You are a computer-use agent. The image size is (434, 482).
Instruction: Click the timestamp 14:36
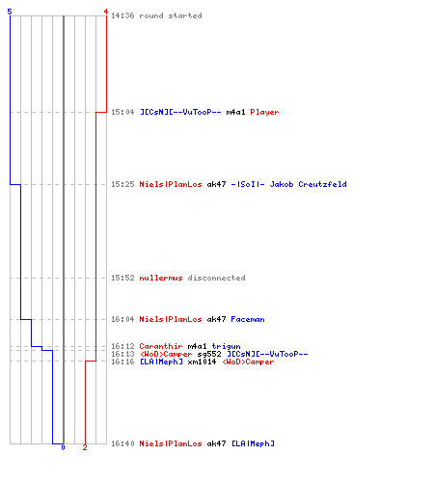coord(122,15)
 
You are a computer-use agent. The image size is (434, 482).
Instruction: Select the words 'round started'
coord(171,15)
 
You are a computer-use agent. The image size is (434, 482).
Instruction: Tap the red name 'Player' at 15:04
coord(264,112)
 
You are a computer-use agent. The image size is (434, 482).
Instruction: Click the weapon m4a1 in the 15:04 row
coord(235,112)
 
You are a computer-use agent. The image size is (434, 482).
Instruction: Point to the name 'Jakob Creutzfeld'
coord(308,184)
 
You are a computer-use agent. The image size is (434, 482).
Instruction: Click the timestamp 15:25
coord(122,184)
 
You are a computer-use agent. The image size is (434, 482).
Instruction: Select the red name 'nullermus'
coord(161,278)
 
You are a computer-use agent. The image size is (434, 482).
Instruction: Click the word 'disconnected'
coord(216,278)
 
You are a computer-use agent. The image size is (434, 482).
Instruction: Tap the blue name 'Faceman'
coord(248,319)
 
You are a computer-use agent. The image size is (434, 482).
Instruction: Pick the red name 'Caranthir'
coord(161,346)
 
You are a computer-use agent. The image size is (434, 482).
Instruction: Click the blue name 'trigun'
coord(226,346)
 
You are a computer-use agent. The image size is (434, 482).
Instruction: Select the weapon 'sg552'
coord(209,354)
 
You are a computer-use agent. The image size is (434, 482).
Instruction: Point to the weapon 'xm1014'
coord(202,361)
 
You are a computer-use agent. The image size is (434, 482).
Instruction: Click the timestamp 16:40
coord(122,443)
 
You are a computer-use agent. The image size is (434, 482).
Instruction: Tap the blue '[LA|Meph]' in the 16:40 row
coord(253,443)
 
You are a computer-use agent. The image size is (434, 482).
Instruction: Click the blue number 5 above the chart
coord(10,12)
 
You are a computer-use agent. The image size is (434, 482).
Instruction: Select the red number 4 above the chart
coord(106,12)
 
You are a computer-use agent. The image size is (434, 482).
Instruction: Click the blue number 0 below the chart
coord(63,447)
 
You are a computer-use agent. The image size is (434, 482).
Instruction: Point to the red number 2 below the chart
coord(85,447)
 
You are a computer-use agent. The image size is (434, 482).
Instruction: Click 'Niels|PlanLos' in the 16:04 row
coord(171,319)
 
